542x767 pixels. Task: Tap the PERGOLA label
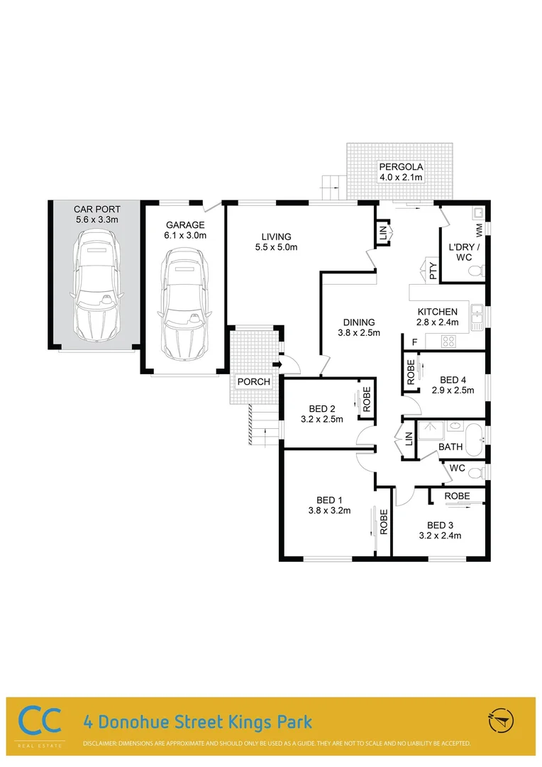pos(401,167)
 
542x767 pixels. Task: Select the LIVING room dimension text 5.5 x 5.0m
pos(277,247)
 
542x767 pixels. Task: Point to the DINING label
pos(358,322)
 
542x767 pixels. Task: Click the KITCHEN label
pos(438,312)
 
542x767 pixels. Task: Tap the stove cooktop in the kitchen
pos(449,342)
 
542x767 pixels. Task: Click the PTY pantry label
pos(433,270)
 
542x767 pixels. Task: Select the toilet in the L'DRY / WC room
pos(478,270)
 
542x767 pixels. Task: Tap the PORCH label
pos(253,382)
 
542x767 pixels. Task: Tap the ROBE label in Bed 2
pos(367,399)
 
